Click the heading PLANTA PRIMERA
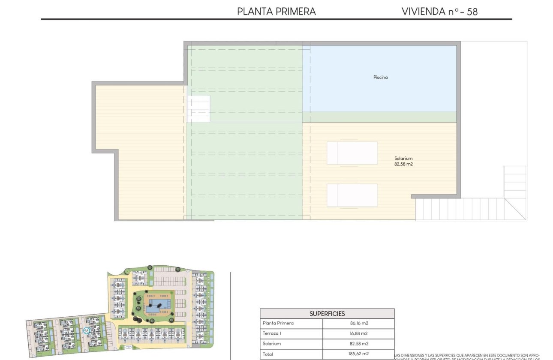coord(276,12)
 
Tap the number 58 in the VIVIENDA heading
coord(472,12)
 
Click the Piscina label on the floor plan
coord(380,78)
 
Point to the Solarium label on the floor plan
coord(403,159)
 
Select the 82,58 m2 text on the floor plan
coord(403,164)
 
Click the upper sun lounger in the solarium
coord(352,153)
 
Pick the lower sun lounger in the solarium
coord(352,195)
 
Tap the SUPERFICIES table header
coord(327,314)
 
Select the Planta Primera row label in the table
coord(278,323)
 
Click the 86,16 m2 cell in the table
coord(358,323)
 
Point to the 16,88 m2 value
coord(358,333)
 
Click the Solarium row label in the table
coord(272,344)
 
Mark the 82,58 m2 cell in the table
coord(358,344)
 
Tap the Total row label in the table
coord(267,354)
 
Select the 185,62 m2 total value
coord(358,354)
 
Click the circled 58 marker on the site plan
coord(87,330)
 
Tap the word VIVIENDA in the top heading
coord(424,12)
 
